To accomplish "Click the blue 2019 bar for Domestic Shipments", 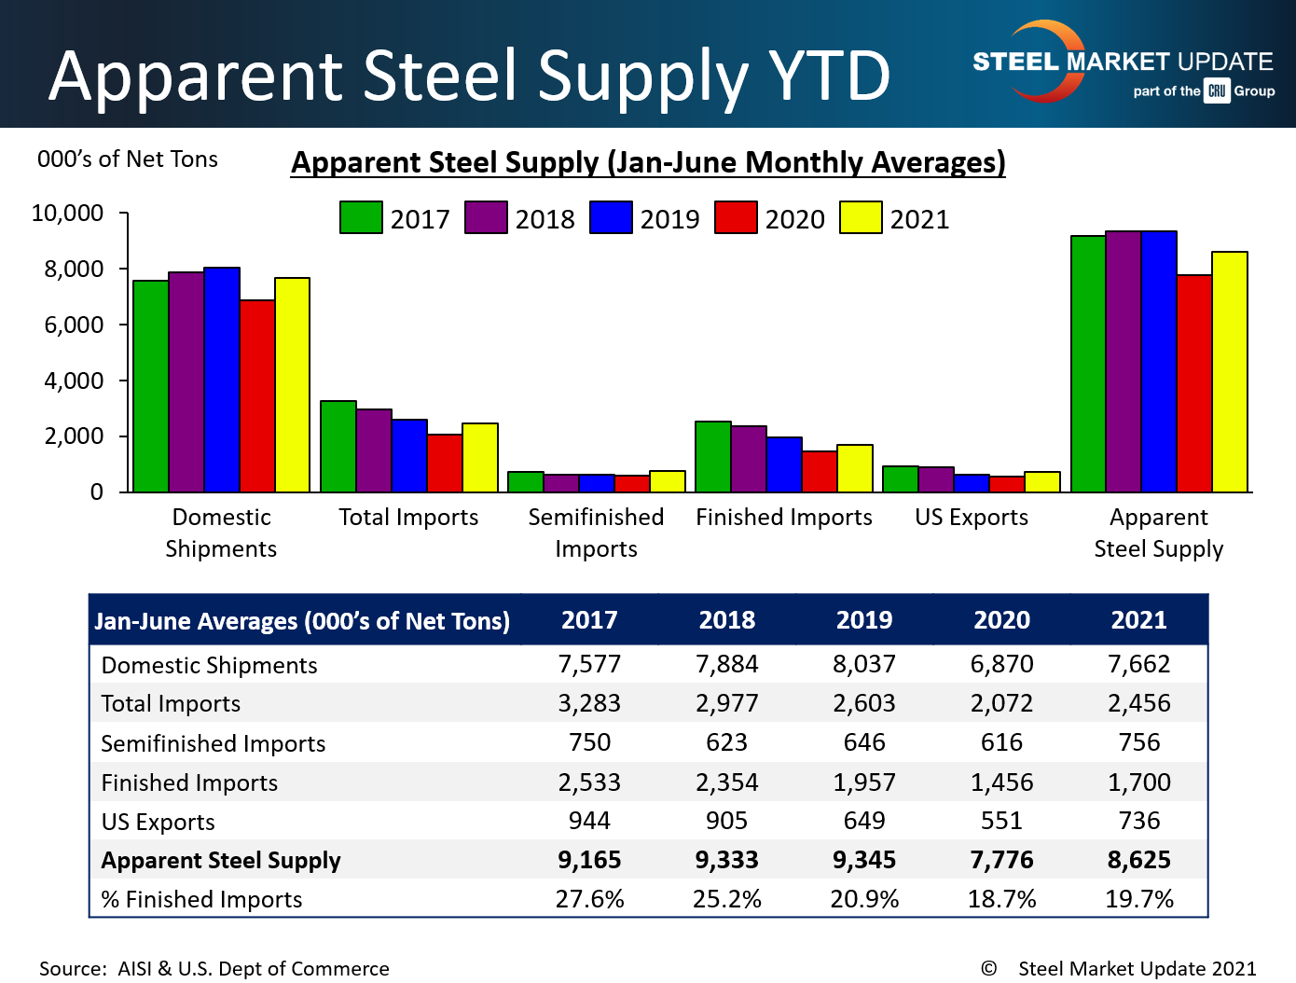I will pyautogui.click(x=222, y=380).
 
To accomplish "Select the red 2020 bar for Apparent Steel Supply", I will pyautogui.click(x=1194, y=383).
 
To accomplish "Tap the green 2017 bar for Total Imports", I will pyautogui.click(x=338, y=446).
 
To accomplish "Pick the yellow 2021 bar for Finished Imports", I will pyautogui.click(x=855, y=468).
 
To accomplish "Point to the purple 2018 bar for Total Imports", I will pyautogui.click(x=374, y=450).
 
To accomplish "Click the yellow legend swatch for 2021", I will pyautogui.click(x=861, y=218).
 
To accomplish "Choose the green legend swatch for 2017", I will pyautogui.click(x=361, y=218).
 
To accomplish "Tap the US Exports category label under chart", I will pyautogui.click(x=971, y=518).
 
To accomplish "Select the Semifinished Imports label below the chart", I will pyautogui.click(x=596, y=533).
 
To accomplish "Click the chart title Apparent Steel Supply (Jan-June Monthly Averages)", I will pyautogui.click(x=648, y=162).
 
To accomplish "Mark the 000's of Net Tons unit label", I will pyautogui.click(x=128, y=159).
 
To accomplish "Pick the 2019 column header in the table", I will pyautogui.click(x=864, y=620).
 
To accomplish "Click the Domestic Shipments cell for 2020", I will pyautogui.click(x=1001, y=664).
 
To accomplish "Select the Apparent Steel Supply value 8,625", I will pyautogui.click(x=1138, y=860).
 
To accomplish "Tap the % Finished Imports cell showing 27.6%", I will pyautogui.click(x=589, y=899).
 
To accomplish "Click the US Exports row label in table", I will pyautogui.click(x=158, y=822).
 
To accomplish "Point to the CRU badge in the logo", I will pyautogui.click(x=1217, y=91).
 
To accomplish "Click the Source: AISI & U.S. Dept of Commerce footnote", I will pyautogui.click(x=214, y=969).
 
